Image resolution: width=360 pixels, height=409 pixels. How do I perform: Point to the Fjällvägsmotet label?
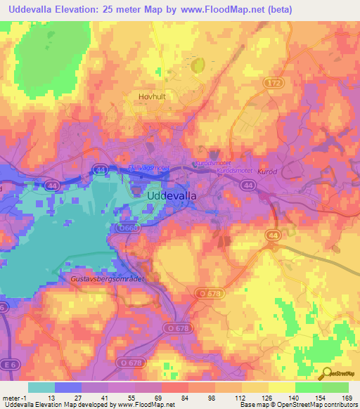(x=149, y=168)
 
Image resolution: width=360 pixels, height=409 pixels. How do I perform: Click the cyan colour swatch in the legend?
(x=41, y=387)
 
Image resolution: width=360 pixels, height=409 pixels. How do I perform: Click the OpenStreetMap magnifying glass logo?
(x=326, y=374)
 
